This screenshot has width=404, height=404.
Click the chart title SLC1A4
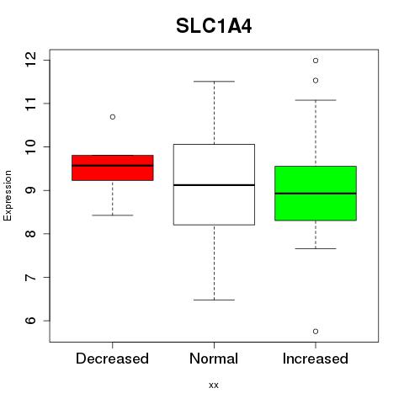214,26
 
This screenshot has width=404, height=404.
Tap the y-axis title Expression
8,195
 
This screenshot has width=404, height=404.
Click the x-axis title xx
214,385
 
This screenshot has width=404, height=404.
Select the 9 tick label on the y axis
31,190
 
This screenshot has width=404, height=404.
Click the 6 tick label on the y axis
31,321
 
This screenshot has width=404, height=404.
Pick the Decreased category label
112,359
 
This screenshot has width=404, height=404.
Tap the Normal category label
214,359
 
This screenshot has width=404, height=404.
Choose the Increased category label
316,359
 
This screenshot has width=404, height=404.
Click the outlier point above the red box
113,117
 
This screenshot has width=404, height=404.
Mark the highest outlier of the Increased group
316,61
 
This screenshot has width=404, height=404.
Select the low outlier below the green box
316,332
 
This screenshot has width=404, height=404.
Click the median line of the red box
113,166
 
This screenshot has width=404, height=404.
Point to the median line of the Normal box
214,185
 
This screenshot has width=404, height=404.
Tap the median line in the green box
316,194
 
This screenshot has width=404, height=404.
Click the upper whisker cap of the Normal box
214,82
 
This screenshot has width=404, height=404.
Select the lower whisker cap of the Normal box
214,300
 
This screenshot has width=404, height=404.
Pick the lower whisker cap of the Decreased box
113,215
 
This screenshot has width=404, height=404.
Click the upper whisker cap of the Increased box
316,100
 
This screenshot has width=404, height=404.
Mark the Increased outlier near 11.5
316,81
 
